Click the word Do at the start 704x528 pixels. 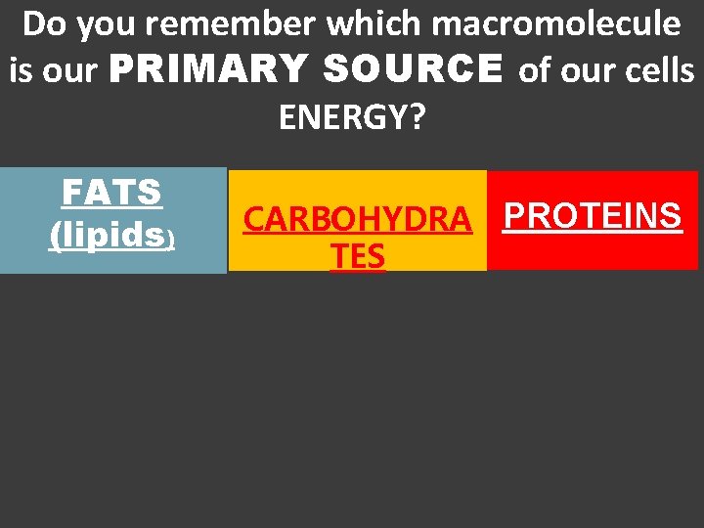(x=42, y=24)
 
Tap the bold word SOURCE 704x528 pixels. (x=412, y=70)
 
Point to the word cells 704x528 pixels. (x=660, y=70)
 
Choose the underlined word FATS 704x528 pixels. (x=111, y=193)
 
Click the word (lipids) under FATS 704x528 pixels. (x=111, y=235)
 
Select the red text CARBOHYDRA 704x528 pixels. (x=357, y=221)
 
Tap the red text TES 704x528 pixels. (x=357, y=256)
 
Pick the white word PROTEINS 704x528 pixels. (x=592, y=216)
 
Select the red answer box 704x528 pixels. (x=592, y=249)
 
